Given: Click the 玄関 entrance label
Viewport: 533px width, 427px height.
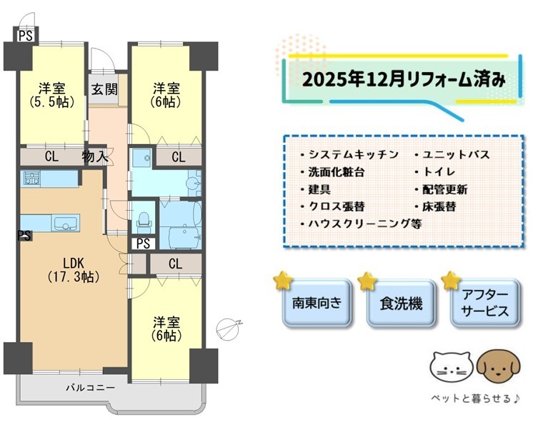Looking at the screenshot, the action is (x=104, y=89).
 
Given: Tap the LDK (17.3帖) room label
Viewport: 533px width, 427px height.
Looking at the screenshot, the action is (x=74, y=270).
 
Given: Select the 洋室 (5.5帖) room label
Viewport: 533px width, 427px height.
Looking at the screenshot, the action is (x=51, y=95).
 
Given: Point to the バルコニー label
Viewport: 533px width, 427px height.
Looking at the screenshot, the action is (x=91, y=387).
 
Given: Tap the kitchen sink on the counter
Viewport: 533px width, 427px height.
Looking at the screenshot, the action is (x=66, y=223).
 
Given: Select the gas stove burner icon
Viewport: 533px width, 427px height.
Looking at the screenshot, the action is (x=31, y=178).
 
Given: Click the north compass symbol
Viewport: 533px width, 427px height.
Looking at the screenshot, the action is (x=229, y=329).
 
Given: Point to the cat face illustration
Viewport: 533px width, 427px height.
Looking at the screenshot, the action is (x=451, y=367).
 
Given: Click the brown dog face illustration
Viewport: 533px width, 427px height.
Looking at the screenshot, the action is (x=498, y=367).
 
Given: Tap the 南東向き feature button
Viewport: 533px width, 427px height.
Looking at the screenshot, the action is (x=317, y=302).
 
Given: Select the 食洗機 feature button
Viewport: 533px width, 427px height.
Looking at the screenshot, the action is (x=401, y=302).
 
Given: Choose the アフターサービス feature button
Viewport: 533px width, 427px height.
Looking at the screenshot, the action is (x=485, y=302).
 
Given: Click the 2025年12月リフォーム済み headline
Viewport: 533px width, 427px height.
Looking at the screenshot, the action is (x=404, y=80).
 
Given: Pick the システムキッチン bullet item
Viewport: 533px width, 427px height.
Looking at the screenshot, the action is (x=349, y=154).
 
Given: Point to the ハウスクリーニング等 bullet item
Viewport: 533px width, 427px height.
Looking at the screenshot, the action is (x=361, y=224).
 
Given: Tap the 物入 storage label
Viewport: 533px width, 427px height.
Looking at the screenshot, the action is (x=95, y=156).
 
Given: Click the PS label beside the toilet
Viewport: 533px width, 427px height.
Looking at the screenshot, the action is (x=143, y=243).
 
